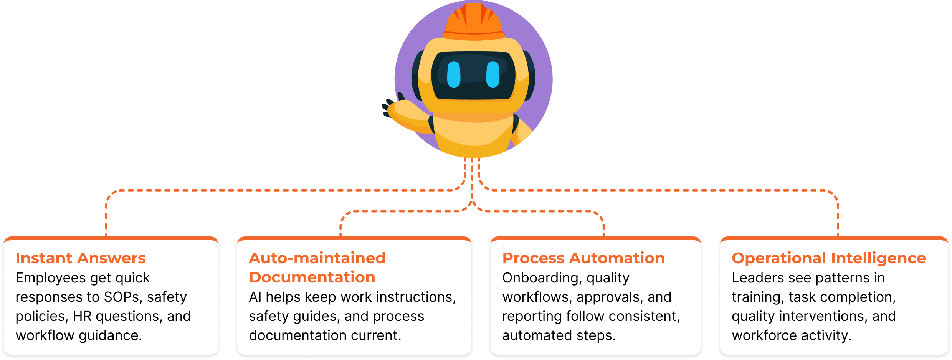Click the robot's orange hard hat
point(474,21)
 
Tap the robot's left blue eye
point(454,74)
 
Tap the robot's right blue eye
point(493,74)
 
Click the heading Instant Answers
point(81,258)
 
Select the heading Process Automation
point(583,258)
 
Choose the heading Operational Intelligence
point(829,258)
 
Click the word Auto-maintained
point(317,258)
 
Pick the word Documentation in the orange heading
point(312,277)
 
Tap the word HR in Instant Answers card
point(82,316)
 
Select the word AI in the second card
point(255,297)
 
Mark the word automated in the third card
point(536,335)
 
